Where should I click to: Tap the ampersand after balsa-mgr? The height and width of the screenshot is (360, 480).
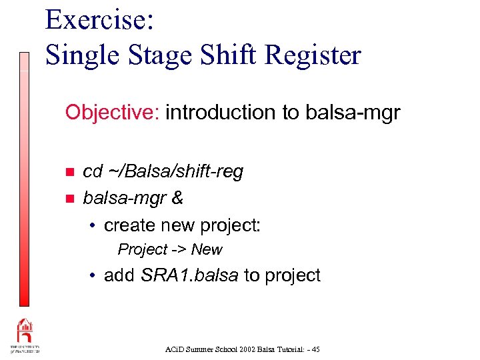(178, 198)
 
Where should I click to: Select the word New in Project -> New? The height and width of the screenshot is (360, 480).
(207, 250)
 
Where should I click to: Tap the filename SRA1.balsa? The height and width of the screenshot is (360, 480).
(189, 275)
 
